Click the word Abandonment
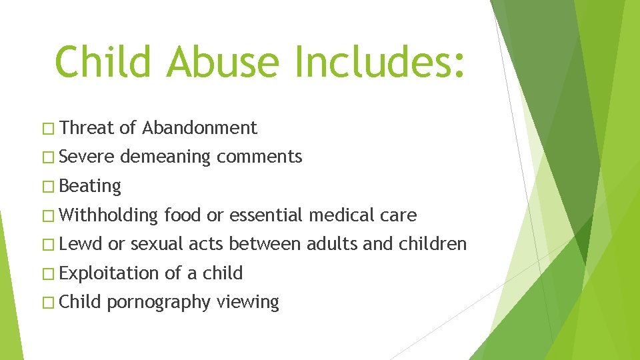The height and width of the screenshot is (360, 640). pyautogui.click(x=199, y=127)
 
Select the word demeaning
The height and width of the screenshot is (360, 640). pyautogui.click(x=165, y=157)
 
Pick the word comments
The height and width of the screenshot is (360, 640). pyautogui.click(x=259, y=157)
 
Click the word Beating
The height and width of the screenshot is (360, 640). pyautogui.click(x=90, y=186)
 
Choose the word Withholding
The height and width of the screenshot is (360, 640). pyautogui.click(x=108, y=215)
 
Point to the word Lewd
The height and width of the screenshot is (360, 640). pyautogui.click(x=81, y=244)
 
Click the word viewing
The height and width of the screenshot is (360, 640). pyautogui.click(x=247, y=303)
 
